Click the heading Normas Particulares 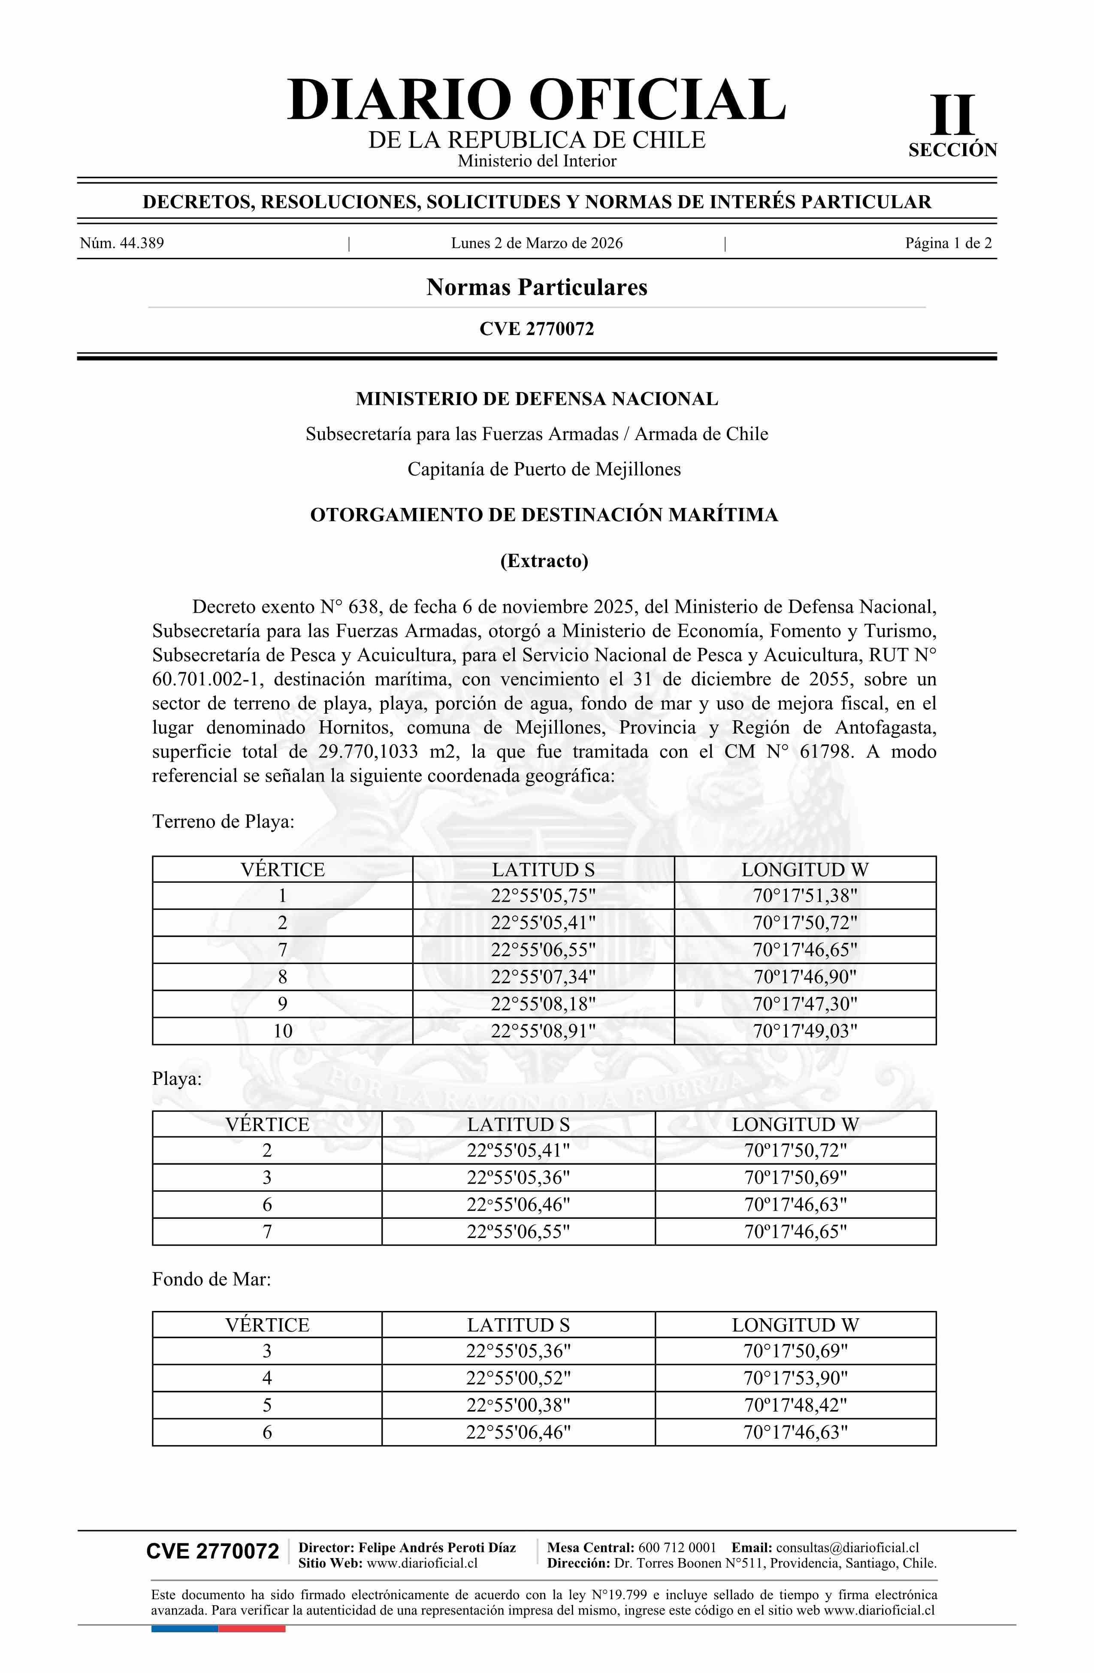pos(536,287)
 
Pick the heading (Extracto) pos(544,561)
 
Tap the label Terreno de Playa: pos(223,821)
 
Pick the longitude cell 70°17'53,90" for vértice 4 pos(795,1378)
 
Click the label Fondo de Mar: pos(211,1279)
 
